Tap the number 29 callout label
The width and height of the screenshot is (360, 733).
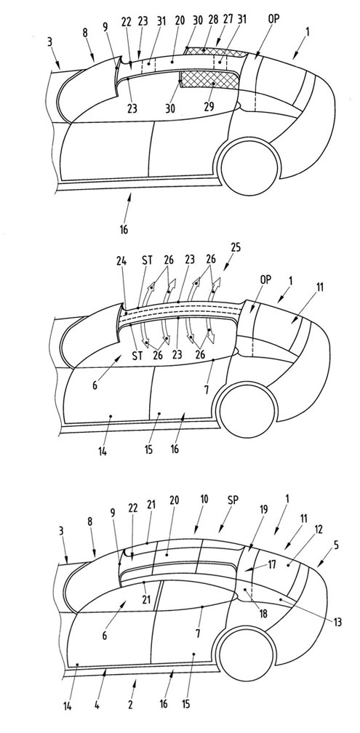(x=209, y=107)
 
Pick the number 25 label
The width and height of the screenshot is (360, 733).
(x=236, y=248)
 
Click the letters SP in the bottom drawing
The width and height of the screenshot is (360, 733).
(x=233, y=500)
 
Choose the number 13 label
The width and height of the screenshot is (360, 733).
(x=337, y=622)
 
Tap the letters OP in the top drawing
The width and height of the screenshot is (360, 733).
(x=274, y=20)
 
